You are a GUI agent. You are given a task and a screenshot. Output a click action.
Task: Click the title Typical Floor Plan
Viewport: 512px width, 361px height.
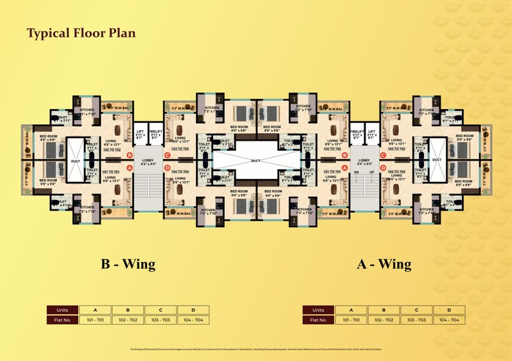click(81, 33)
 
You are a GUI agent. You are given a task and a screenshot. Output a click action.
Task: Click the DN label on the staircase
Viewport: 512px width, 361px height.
click(357, 172)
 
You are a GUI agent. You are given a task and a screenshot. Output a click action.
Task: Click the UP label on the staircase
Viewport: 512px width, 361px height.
click(372, 172)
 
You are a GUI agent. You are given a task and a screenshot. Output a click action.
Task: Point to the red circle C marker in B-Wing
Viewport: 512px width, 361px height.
click(168, 155)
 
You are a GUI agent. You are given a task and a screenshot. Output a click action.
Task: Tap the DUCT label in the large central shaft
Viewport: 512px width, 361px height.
click(256, 161)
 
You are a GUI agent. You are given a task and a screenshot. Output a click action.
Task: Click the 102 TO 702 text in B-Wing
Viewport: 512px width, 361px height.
click(112, 149)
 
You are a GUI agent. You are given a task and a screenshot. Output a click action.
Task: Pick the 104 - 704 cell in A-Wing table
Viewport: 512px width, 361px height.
click(449, 320)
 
